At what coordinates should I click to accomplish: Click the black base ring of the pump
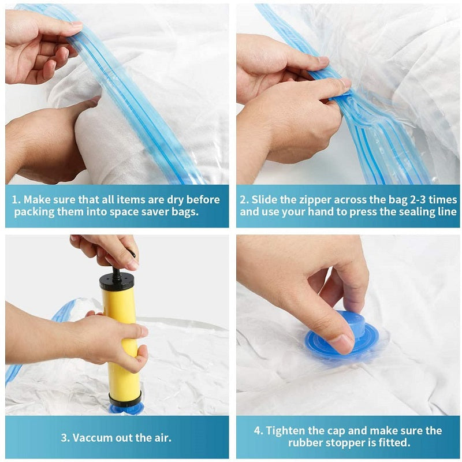125,398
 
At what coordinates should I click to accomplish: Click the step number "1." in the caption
17,200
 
